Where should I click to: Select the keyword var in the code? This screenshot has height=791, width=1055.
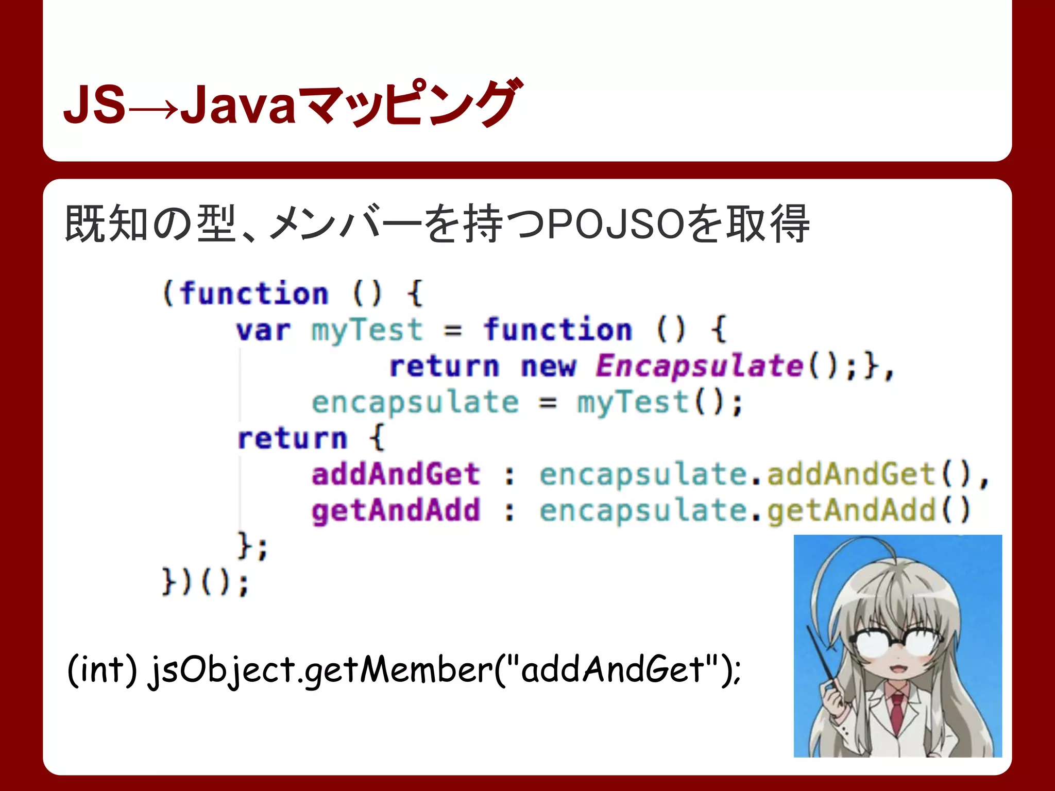coord(263,331)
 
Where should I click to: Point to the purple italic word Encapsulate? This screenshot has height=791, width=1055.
coord(699,366)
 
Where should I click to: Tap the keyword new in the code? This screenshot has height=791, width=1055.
coord(548,367)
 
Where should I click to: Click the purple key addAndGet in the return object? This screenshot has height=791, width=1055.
coord(396,474)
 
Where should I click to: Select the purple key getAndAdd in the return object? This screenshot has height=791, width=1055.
coord(396,511)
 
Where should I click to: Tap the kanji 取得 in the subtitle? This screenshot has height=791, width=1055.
coord(767,225)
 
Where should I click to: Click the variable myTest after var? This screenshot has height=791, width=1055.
coord(366,331)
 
